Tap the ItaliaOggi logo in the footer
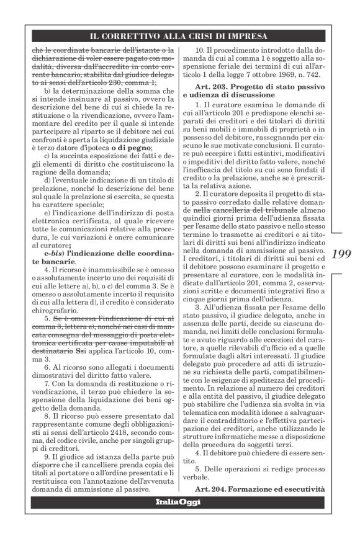(179, 519)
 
